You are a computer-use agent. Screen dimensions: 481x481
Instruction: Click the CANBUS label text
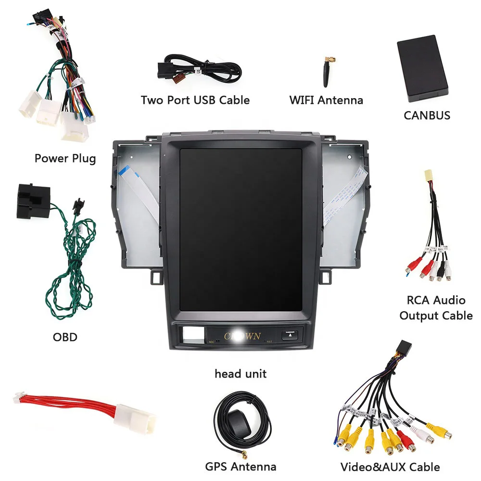point(427,115)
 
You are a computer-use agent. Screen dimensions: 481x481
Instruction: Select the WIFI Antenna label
point(326,101)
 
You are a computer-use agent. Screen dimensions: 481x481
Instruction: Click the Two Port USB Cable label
point(195,100)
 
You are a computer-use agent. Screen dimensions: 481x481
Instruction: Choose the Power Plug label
point(65,158)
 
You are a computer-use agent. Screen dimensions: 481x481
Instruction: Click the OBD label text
point(65,337)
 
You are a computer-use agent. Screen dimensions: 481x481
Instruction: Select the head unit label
point(240,374)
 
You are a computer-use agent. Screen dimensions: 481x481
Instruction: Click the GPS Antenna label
point(240,466)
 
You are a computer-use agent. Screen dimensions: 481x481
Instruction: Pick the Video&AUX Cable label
point(390,466)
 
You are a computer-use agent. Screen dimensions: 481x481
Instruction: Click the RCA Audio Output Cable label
point(436,308)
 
